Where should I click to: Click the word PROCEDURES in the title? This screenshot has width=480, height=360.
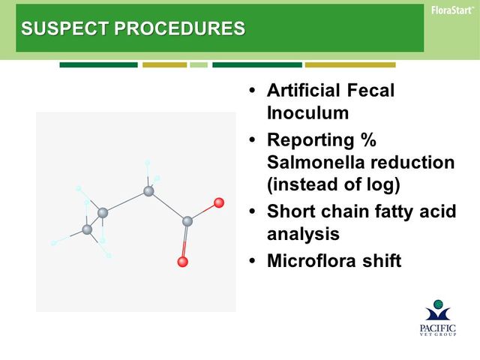coord(180,28)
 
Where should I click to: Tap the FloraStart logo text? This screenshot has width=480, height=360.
coord(452,10)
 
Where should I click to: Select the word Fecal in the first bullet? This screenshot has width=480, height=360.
coord(370,90)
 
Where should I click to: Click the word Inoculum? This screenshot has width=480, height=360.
coord(307,112)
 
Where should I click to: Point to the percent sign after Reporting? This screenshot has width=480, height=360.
coord(368,139)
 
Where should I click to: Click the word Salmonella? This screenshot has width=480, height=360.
coord(316,162)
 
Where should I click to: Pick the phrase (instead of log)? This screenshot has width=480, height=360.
coord(333,184)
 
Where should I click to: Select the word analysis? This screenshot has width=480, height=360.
coord(303,234)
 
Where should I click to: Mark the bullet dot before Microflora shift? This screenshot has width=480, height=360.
coord(252,261)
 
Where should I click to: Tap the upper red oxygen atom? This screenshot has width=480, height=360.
coord(219,202)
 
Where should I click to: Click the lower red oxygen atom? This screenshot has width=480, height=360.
coord(183,262)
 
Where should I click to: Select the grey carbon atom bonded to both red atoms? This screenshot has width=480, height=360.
coord(187,221)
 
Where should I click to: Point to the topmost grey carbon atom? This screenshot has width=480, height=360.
coord(148,191)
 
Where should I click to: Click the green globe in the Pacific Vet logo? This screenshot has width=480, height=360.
coord(438,304)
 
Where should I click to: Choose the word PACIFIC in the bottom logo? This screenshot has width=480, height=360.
coord(438,328)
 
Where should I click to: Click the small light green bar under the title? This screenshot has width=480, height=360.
coord(199,65)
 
